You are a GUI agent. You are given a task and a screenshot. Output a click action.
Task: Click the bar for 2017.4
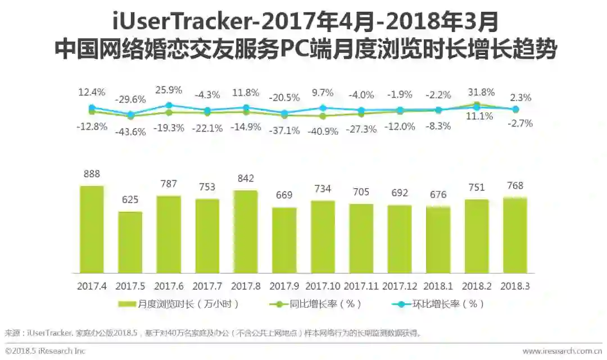[x=92, y=229]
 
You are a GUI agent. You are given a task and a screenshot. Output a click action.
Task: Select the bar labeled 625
[x=130, y=242]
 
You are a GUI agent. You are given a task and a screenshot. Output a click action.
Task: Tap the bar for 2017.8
[x=246, y=231]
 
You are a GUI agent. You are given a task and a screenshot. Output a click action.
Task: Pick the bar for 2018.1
[x=438, y=240]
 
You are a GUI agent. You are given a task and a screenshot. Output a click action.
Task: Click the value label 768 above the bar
[x=515, y=186]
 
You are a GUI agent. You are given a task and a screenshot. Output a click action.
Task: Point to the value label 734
[x=323, y=189]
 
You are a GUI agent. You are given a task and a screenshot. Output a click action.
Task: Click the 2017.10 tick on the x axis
[x=323, y=286]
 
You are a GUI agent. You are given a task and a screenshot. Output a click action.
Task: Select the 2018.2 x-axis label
[x=477, y=286]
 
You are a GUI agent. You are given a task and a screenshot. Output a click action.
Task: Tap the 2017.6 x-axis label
[x=169, y=286]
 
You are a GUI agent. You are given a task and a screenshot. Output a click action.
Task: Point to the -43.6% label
[x=130, y=133]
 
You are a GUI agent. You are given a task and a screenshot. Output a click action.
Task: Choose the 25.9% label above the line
[x=169, y=90]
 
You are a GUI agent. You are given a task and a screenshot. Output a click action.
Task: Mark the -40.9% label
[x=323, y=132]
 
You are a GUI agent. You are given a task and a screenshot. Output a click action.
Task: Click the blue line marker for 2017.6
[x=169, y=105]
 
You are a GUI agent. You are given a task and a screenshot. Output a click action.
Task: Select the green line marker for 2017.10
[x=323, y=116]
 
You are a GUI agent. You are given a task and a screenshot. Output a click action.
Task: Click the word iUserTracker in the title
[x=178, y=22]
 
